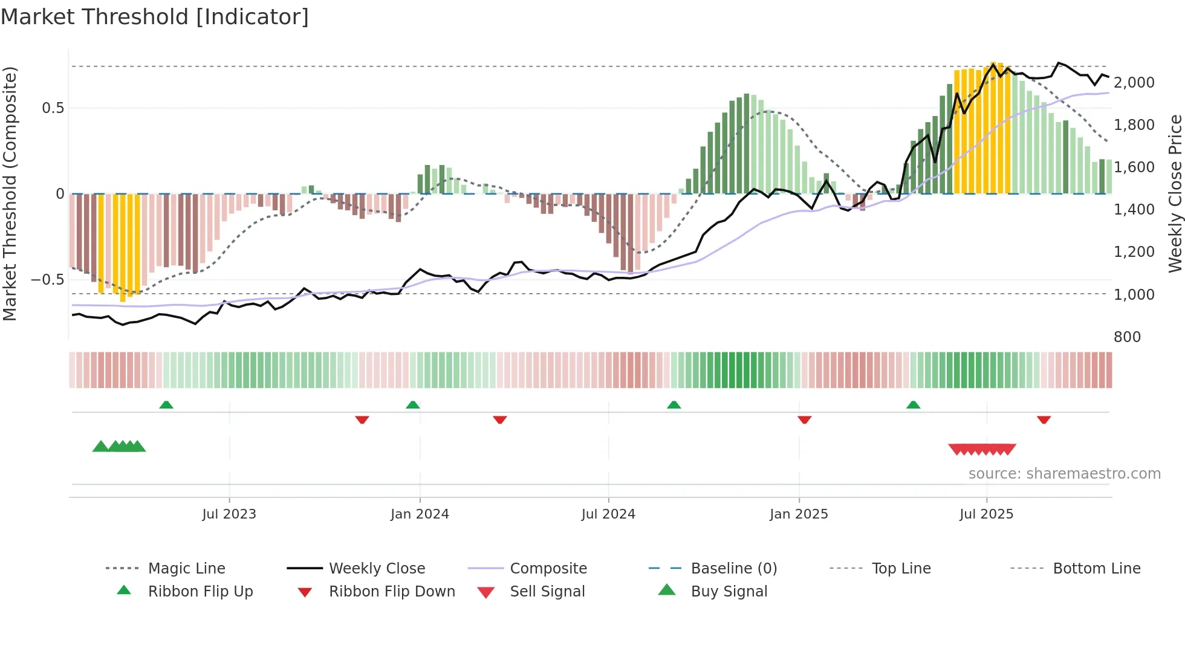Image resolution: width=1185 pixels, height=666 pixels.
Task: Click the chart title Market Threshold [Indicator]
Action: click(x=155, y=17)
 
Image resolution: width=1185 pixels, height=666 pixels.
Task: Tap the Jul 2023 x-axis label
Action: click(x=229, y=514)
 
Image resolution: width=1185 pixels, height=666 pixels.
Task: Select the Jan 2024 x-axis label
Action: click(x=420, y=514)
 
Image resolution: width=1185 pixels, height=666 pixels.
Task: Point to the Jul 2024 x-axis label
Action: click(x=608, y=514)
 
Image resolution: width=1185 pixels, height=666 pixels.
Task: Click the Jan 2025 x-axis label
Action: click(x=799, y=514)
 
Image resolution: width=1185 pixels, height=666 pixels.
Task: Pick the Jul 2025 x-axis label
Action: click(x=986, y=514)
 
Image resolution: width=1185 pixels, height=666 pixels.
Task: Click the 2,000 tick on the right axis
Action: click(x=1134, y=83)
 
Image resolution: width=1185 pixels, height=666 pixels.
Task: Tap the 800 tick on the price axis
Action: click(x=1127, y=337)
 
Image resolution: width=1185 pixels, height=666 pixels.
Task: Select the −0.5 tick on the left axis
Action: click(x=47, y=280)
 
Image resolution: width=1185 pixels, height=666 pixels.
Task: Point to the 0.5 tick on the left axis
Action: click(x=53, y=108)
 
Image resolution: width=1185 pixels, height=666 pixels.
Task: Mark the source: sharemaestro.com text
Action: click(x=1064, y=474)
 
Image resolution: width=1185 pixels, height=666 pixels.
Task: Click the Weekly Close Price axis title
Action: click(x=1174, y=193)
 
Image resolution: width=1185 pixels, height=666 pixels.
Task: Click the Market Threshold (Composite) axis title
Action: click(x=10, y=193)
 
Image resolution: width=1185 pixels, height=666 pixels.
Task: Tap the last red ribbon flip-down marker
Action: click(x=1044, y=419)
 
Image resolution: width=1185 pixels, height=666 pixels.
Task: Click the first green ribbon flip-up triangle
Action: click(x=166, y=405)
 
